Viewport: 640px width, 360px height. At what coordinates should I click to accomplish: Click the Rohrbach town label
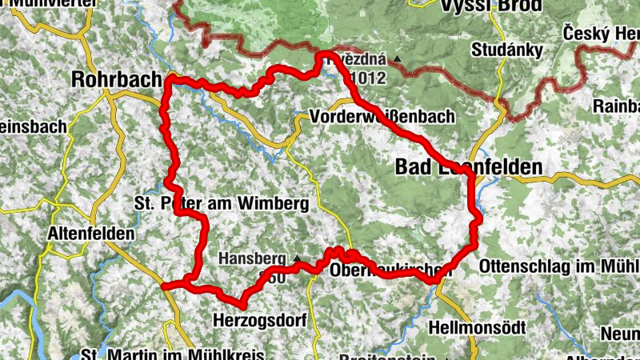coord(115,79)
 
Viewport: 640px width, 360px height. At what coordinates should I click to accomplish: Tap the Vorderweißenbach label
coord(381,117)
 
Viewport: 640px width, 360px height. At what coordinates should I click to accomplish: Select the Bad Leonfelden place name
coord(469,166)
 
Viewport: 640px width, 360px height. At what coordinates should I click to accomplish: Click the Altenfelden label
coord(91,234)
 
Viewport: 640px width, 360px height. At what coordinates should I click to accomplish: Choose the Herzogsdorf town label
coord(260,320)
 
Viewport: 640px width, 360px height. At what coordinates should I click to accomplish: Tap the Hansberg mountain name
coord(253,259)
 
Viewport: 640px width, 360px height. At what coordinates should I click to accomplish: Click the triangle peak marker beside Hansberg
coord(297,258)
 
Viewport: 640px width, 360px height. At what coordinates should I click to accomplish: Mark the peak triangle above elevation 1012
coord(398,59)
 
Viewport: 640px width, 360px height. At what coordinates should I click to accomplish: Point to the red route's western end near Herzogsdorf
coord(164,286)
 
